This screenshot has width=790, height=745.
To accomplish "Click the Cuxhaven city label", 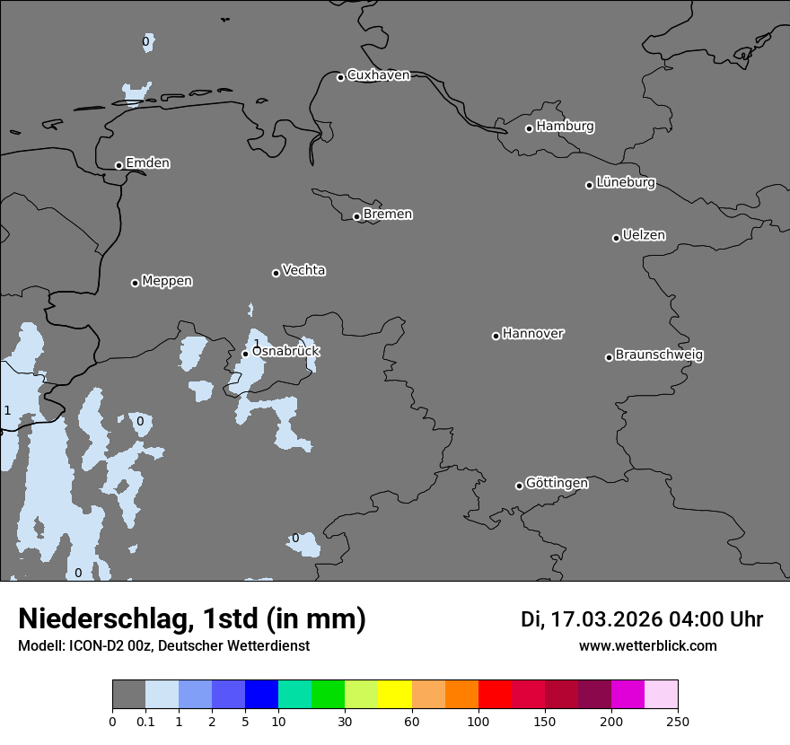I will tap(378, 75).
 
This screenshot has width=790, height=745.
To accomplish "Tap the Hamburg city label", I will tap(565, 127).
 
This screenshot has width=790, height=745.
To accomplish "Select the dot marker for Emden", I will tap(118, 165).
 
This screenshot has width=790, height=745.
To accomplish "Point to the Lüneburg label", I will tap(625, 183).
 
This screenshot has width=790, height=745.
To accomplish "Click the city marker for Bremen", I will tap(356, 216).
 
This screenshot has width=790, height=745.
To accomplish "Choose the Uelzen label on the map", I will tap(644, 236).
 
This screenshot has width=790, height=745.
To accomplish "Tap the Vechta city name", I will tap(303, 270).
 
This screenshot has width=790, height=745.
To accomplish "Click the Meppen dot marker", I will tap(135, 283).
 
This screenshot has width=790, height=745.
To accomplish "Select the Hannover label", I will tap(532, 334).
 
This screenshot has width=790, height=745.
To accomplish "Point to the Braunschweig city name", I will tap(659, 355).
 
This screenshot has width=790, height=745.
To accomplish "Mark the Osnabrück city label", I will tap(285, 352).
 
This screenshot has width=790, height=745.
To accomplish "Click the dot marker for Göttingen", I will tap(519, 486).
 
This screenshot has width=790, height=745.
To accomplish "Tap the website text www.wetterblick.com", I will tap(647, 645).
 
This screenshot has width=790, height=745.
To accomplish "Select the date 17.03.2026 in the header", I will tap(606, 619).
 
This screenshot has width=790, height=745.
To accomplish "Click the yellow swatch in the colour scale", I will tap(394, 695).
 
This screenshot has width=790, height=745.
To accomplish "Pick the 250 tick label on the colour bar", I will tap(678, 720).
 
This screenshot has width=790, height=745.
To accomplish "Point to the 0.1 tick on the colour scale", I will tap(145, 720).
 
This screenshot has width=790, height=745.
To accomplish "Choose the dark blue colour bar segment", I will tap(261, 695).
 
